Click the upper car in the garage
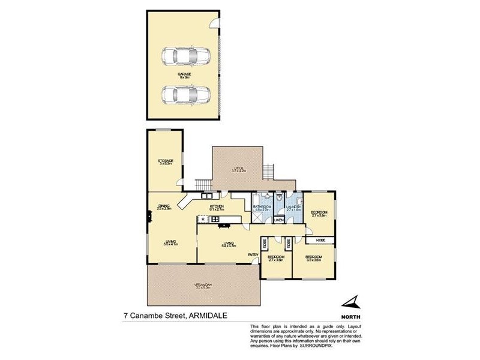[185, 56]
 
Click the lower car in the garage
[185, 94]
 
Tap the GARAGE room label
[184, 74]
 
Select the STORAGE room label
[166, 161]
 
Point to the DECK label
[239, 168]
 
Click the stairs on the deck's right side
[268, 171]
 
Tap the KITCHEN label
[217, 207]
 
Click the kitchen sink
[207, 195]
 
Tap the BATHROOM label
[262, 207]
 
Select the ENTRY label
[253, 255]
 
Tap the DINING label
[164, 206]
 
